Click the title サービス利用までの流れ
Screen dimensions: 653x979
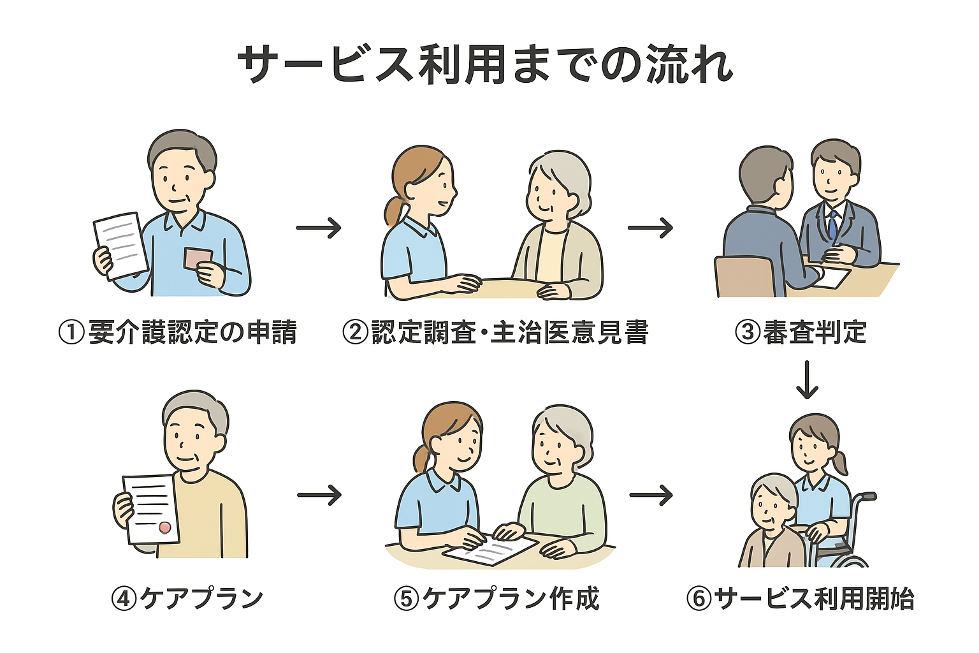click(486, 64)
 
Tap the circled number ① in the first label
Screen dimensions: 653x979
click(71, 332)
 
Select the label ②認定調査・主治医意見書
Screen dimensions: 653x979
click(495, 332)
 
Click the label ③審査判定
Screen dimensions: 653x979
click(801, 332)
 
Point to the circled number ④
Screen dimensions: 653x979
click(124, 598)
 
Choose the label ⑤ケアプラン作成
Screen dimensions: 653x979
click(497, 598)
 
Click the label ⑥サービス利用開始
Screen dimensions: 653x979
click(800, 598)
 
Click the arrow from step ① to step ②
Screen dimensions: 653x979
click(319, 228)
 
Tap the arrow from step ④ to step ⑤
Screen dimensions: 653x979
click(319, 495)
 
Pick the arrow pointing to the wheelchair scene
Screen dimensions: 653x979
click(651, 495)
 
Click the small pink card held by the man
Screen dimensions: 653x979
click(197, 258)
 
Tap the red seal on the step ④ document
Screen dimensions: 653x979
click(165, 527)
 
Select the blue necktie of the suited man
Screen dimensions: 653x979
click(832, 225)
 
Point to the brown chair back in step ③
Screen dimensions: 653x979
click(744, 277)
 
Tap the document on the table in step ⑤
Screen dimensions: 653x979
click(490, 550)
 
